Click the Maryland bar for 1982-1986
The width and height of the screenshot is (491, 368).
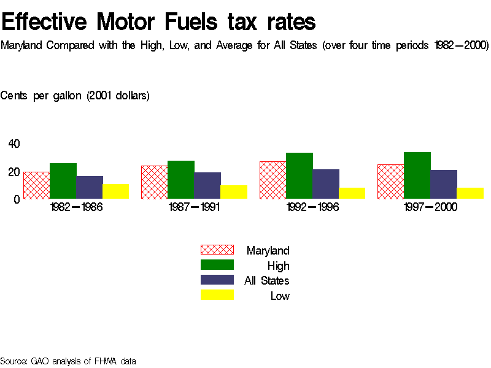36,185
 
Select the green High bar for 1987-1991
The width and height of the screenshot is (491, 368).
180,180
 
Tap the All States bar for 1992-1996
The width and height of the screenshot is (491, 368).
326,184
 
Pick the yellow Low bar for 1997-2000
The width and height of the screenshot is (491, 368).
470,193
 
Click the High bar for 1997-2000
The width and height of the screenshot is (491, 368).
417,175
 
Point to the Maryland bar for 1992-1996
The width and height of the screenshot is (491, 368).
273,180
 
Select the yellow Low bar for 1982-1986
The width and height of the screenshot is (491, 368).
115,191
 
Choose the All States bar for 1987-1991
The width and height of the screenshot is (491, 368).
207,185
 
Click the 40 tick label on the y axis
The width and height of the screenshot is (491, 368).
14,144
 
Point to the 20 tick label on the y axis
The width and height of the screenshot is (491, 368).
14,172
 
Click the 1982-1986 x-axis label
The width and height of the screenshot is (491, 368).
76,207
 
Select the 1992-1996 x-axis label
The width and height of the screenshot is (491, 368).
312,207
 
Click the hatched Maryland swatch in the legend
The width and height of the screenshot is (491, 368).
217,250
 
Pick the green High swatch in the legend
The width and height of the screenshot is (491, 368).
217,265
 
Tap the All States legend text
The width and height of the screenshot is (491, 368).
266,281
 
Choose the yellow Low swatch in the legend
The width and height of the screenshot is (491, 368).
217,296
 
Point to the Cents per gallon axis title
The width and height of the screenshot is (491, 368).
75,96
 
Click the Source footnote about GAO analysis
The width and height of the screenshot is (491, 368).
68,361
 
